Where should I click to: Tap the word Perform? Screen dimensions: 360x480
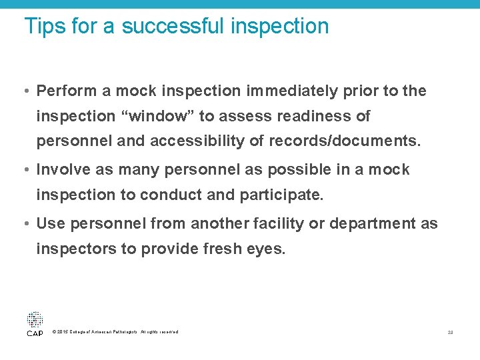click(x=66, y=91)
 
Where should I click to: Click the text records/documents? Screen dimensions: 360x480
click(x=345, y=141)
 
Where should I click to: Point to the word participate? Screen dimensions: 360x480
click(x=288, y=195)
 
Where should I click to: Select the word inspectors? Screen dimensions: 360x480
click(x=72, y=249)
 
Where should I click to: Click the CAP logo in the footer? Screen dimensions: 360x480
click(x=35, y=323)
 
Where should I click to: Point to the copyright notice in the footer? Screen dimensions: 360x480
click(x=115, y=332)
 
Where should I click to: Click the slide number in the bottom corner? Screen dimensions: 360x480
click(x=451, y=332)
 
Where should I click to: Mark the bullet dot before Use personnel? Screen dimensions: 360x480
click(x=27, y=224)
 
